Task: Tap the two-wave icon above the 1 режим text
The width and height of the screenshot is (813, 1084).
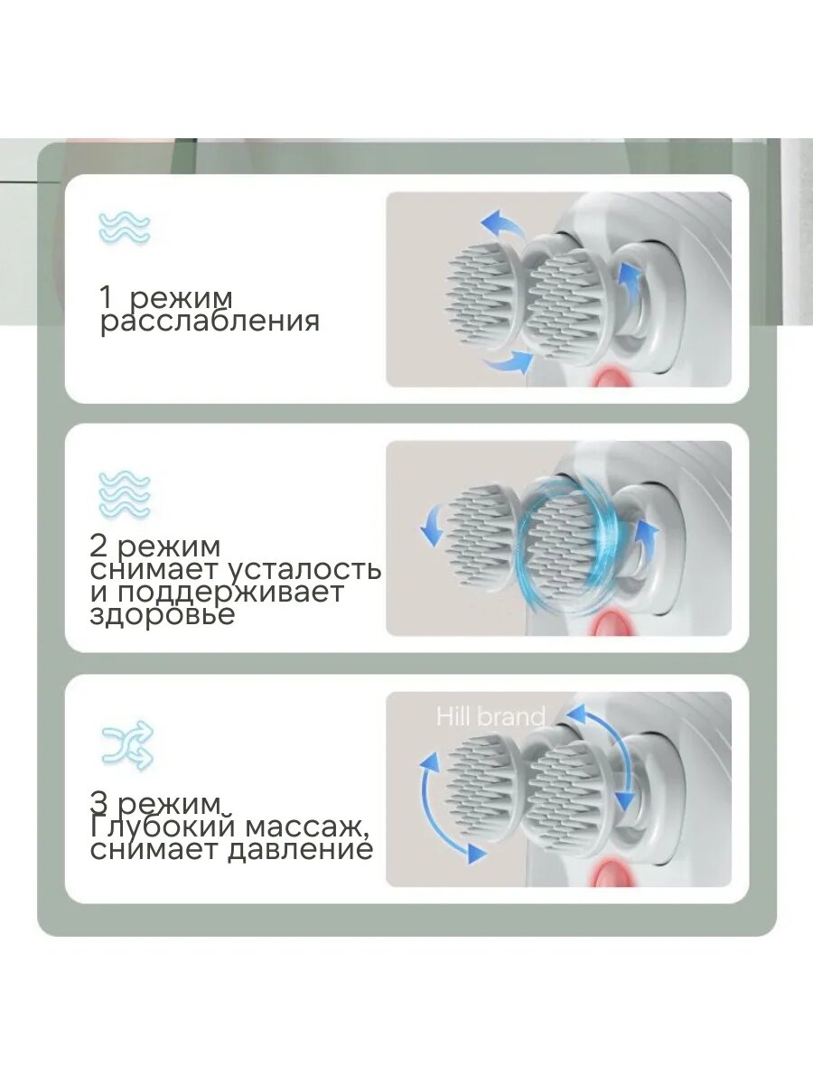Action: coord(125,229)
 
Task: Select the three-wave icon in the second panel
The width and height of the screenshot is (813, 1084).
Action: coord(125,495)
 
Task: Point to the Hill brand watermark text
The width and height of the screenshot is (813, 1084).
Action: coord(491,716)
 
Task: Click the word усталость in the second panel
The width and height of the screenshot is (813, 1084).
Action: coord(305,570)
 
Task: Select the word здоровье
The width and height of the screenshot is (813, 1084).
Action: coord(162,615)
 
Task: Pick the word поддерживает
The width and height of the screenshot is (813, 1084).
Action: coord(229,593)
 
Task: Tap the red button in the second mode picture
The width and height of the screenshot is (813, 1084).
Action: coord(612,624)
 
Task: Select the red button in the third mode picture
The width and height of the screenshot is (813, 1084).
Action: coord(612,874)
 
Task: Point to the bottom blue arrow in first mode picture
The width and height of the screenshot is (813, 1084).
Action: coord(509,363)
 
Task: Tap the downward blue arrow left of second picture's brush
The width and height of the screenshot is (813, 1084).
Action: coord(432,528)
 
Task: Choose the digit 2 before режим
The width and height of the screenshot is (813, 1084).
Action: coord(98,547)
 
